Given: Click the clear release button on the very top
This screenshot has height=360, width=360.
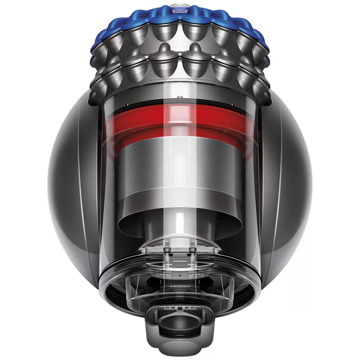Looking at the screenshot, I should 180,6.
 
